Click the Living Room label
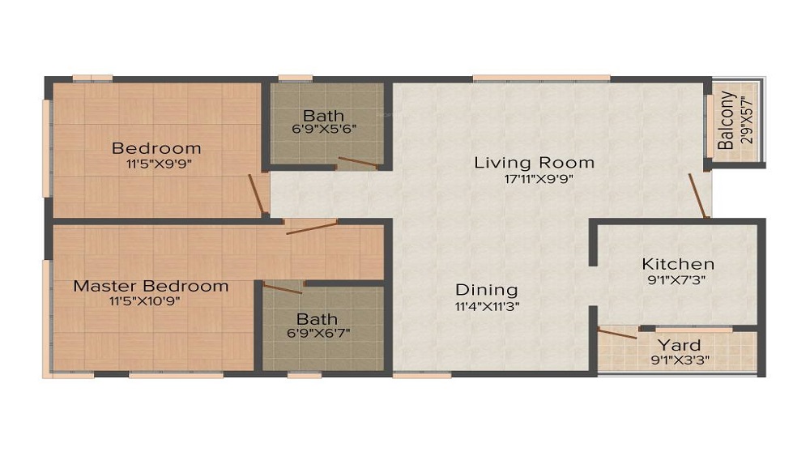[x=534, y=162]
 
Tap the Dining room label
[x=486, y=289]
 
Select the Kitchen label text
[x=678, y=263]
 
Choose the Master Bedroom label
[x=151, y=286]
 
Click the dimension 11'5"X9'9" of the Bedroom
[x=156, y=164]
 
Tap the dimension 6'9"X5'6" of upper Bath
[x=324, y=129]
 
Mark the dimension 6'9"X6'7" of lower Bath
[x=318, y=333]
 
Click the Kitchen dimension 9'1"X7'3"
[x=678, y=280]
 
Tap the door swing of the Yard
[x=618, y=332]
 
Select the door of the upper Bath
[x=356, y=162]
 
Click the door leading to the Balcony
[x=697, y=195]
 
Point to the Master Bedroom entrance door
[x=311, y=227]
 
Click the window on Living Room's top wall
[x=540, y=78]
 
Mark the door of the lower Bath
[x=283, y=288]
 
